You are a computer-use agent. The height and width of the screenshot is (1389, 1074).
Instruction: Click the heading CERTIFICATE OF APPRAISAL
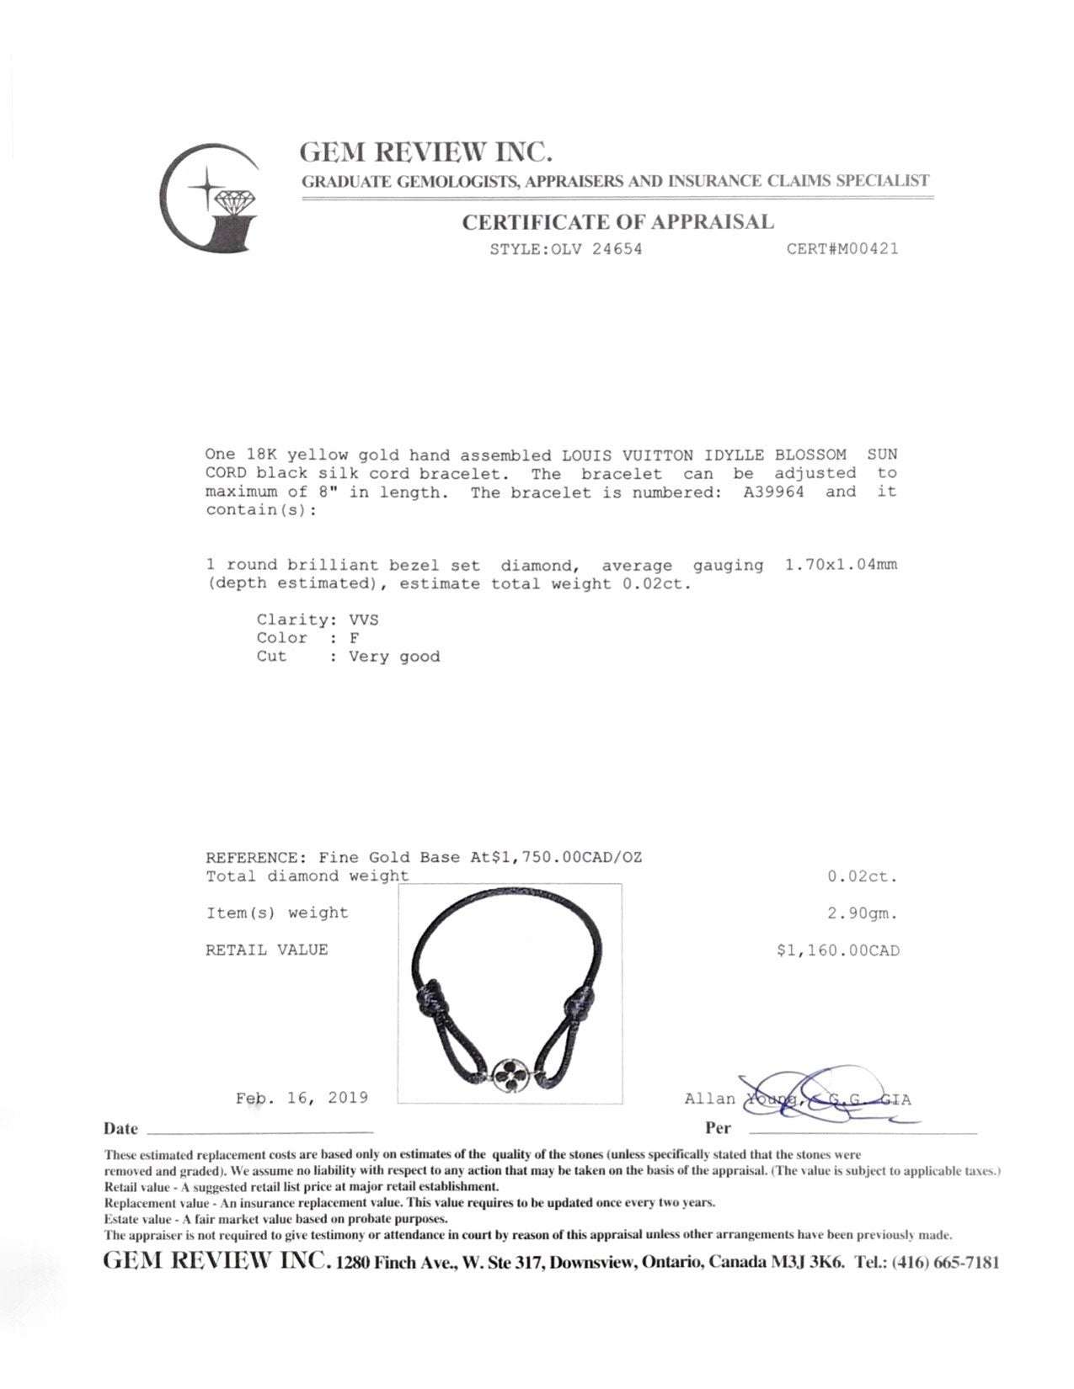[x=617, y=222]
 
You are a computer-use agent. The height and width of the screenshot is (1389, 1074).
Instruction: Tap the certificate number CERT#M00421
[x=842, y=249]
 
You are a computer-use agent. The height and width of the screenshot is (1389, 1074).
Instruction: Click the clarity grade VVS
[x=364, y=620]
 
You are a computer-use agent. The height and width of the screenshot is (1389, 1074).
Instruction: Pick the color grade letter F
[x=354, y=638]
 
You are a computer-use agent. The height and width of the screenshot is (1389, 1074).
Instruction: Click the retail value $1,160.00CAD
[x=838, y=951]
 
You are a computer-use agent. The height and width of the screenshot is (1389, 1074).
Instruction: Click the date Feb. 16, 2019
[x=302, y=1098]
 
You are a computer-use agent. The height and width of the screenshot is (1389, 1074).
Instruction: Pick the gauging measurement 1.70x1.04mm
[x=841, y=565]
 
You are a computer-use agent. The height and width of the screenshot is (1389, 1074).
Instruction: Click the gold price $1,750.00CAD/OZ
[x=557, y=858]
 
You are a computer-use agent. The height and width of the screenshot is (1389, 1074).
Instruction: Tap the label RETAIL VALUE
[x=266, y=950]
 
